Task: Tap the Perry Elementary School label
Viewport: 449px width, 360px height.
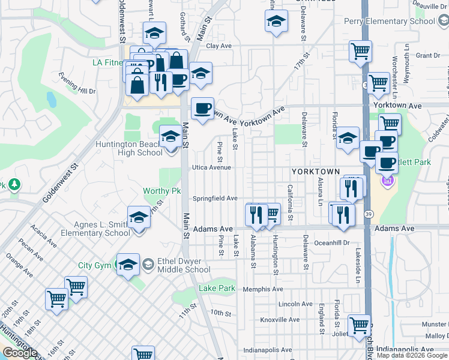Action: [x=390, y=22]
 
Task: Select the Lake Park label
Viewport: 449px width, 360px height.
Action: [x=217, y=289]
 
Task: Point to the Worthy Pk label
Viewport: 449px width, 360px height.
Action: [x=161, y=191]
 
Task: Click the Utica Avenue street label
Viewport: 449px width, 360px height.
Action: [x=211, y=167]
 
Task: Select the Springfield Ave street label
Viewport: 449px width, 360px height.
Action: [x=215, y=199]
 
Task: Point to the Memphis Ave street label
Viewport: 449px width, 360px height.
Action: [x=263, y=289]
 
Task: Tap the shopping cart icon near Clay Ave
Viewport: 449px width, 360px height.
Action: [x=360, y=51]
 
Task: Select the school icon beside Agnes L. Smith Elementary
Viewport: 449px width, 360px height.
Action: [x=139, y=217]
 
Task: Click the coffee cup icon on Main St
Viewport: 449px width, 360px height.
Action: [x=202, y=108]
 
